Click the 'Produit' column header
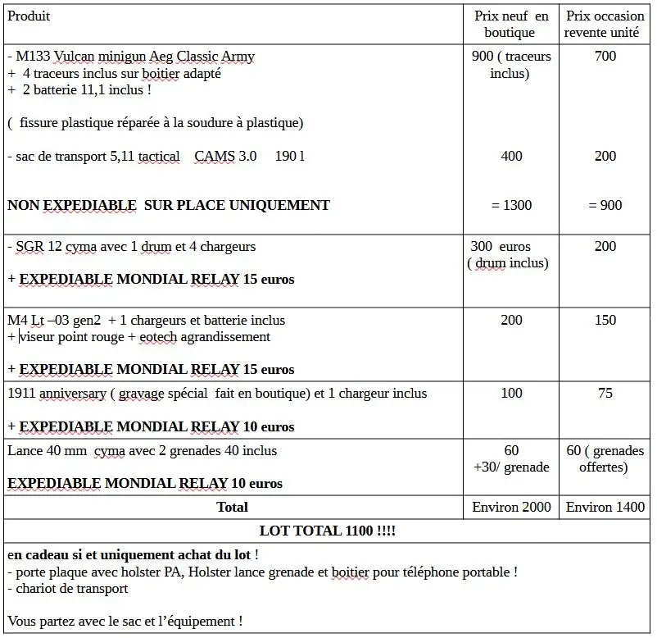29,16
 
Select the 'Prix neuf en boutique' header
511,25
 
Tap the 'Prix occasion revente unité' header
605,25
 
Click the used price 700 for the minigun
605,57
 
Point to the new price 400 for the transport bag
511,156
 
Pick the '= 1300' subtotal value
511,205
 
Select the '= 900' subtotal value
605,205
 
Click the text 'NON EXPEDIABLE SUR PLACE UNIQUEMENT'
169,205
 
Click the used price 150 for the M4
605,320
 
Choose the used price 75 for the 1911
605,394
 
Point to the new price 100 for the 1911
511,394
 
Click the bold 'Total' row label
232,507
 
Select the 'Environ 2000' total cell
511,507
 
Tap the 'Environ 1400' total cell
605,507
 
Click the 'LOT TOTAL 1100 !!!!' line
328,531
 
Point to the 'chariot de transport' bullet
70,588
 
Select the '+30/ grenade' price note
511,467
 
